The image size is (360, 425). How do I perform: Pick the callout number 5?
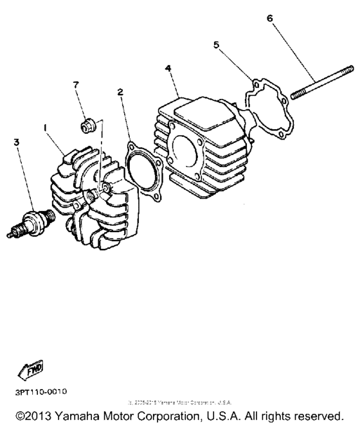pyautogui.click(x=217, y=44)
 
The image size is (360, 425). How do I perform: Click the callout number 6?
pyautogui.click(x=269, y=18)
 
